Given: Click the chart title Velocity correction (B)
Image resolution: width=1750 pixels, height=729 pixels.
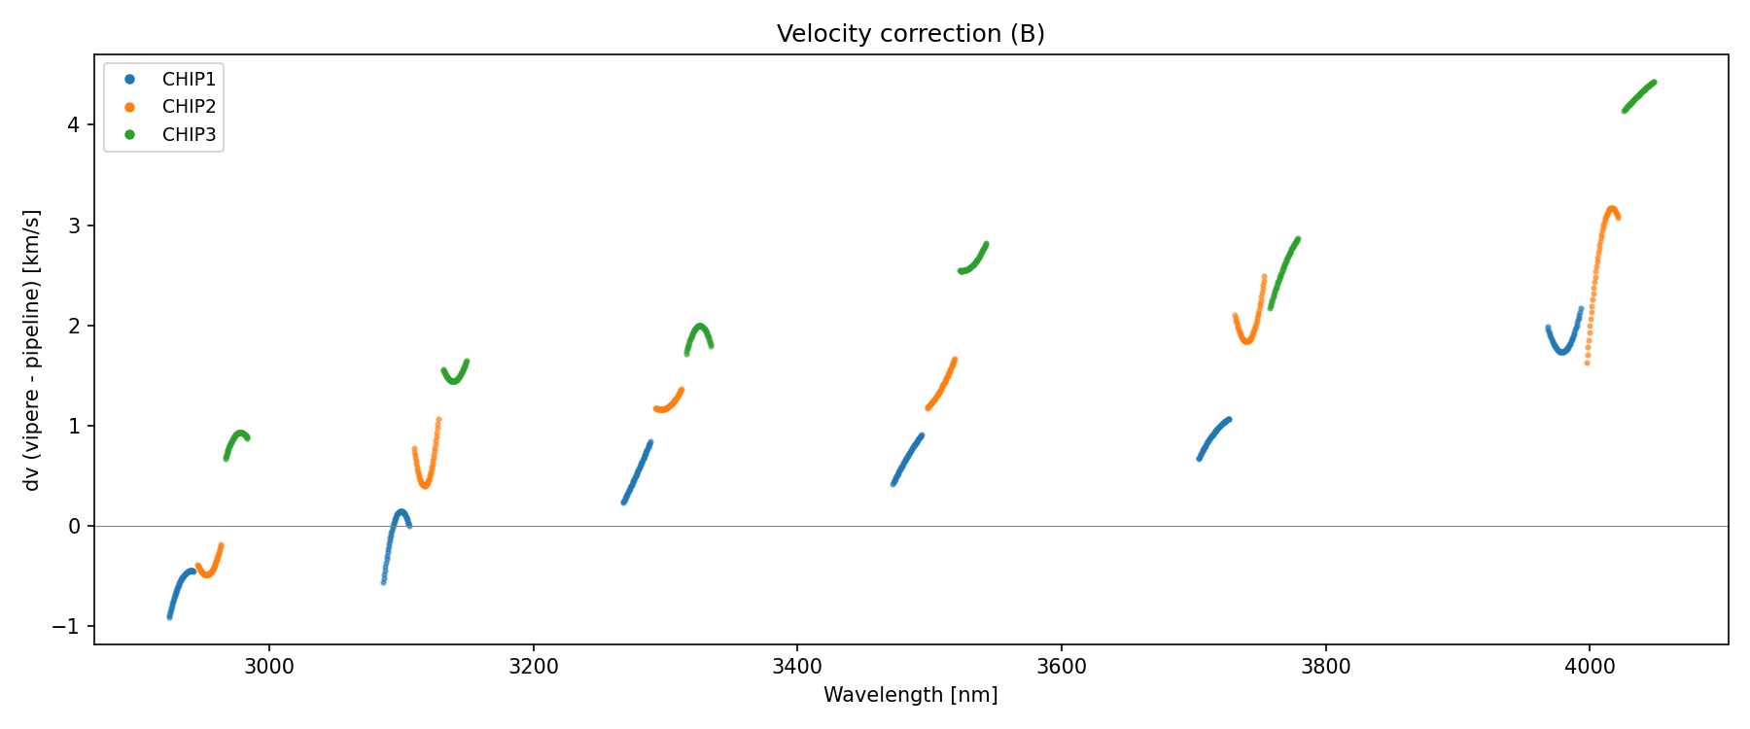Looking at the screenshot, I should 910,34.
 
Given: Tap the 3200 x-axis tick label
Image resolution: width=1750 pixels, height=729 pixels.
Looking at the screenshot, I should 533,667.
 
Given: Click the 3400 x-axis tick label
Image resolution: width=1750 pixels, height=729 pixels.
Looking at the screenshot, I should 797,667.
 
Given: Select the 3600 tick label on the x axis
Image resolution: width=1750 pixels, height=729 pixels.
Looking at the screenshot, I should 1062,667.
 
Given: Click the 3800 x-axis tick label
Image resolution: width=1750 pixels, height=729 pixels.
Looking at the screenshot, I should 1325,667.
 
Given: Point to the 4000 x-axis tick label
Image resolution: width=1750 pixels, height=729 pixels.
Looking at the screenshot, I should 1590,667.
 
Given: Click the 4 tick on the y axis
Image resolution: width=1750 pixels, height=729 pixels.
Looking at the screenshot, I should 73,125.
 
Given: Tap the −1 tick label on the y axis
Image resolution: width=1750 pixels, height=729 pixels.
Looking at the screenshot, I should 66,627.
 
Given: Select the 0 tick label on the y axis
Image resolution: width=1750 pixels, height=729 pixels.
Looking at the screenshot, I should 73,527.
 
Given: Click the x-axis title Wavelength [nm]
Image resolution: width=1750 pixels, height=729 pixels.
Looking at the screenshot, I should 910,695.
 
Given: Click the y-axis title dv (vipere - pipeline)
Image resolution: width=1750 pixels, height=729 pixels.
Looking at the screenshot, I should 32,350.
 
